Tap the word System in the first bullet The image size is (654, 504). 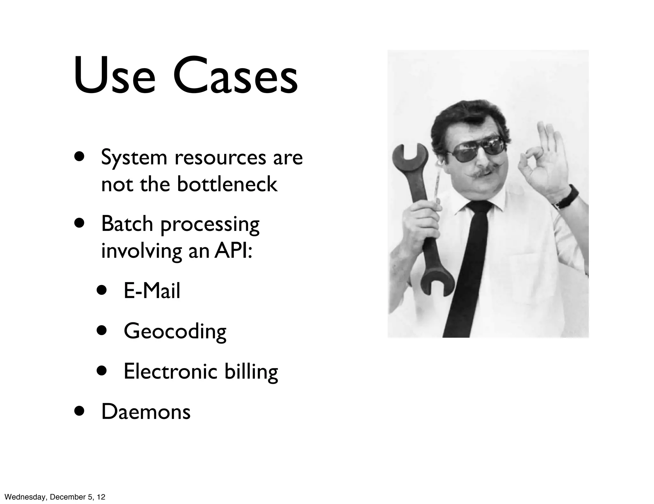(x=134, y=158)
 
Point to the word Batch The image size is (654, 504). (x=127, y=224)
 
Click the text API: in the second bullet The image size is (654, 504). (x=233, y=251)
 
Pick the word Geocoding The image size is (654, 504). (x=175, y=331)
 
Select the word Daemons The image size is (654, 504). (x=146, y=412)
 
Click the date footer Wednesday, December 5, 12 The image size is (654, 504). (x=53, y=497)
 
